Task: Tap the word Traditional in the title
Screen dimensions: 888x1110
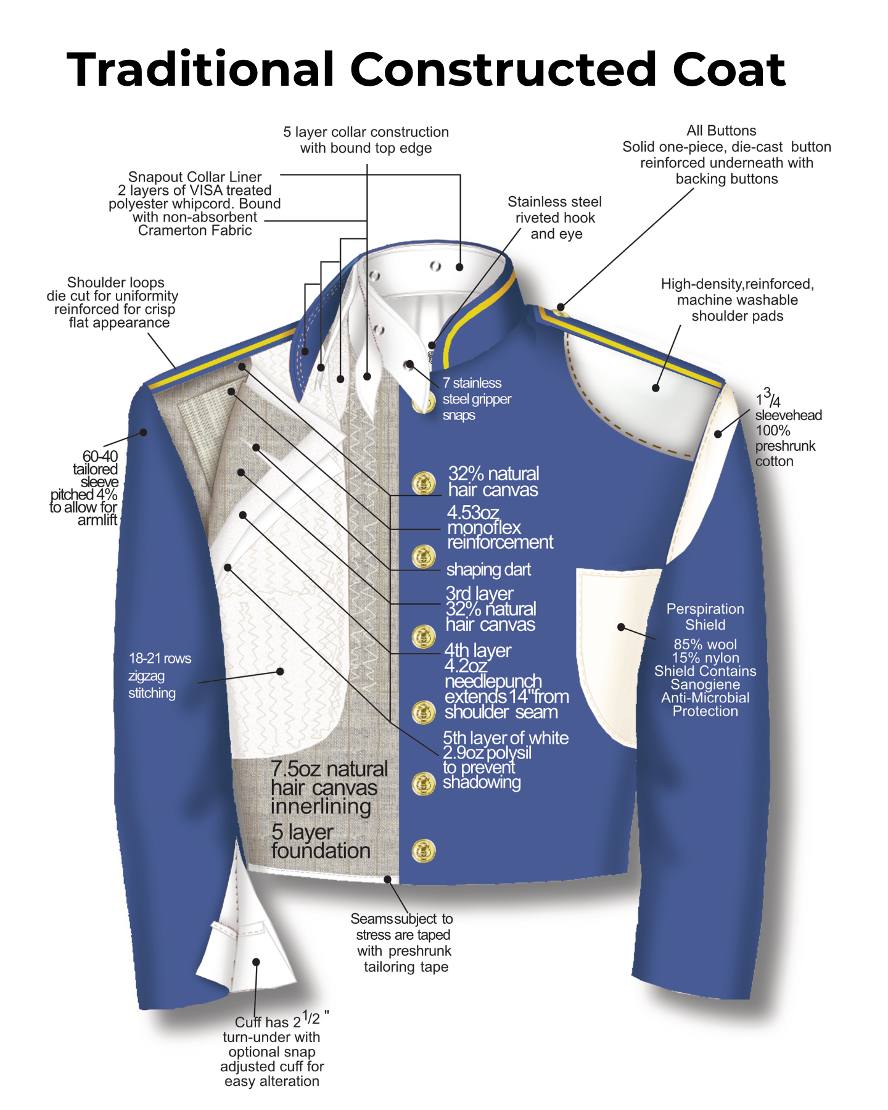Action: [200, 69]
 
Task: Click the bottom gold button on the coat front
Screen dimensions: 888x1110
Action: [424, 851]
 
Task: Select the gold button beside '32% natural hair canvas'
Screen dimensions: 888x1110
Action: [424, 483]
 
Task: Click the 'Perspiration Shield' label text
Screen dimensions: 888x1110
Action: [705, 617]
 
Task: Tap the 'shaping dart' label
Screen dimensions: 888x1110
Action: [488, 570]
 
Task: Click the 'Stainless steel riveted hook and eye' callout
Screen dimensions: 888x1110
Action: [555, 218]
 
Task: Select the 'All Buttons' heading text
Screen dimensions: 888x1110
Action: [721, 131]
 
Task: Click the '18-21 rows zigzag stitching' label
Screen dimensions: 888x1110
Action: [160, 676]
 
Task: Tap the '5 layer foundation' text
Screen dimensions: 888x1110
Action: [321, 841]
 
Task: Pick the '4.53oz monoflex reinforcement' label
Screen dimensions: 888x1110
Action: [499, 527]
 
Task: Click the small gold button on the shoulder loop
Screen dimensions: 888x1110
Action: [561, 311]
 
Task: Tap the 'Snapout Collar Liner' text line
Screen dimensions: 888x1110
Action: [195, 177]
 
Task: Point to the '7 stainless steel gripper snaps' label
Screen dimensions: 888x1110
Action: [477, 399]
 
